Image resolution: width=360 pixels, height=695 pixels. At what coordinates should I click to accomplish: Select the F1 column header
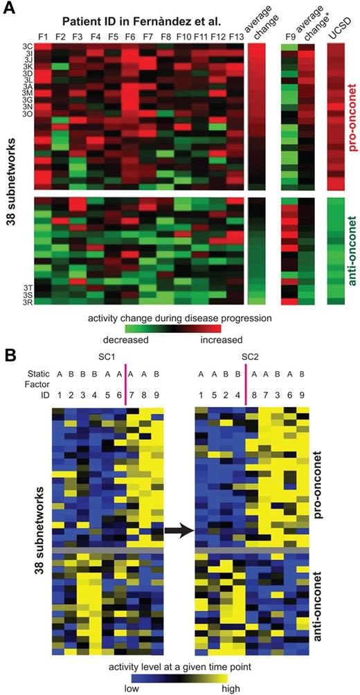(42, 36)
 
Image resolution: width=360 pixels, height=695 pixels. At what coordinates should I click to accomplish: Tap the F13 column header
(236, 36)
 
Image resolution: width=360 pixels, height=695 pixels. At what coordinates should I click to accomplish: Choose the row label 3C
(26, 45)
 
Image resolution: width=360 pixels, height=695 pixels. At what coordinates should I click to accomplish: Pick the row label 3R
(26, 302)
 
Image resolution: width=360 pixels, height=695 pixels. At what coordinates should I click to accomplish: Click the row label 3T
(26, 287)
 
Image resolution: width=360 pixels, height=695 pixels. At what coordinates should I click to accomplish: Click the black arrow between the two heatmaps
(179, 532)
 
